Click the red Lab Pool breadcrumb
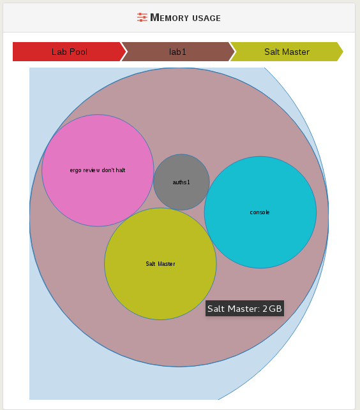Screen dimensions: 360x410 pos(70,52)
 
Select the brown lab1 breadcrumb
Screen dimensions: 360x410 pos(178,52)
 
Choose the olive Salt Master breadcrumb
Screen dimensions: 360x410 pos(287,52)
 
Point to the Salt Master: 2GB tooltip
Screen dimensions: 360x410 pos(245,308)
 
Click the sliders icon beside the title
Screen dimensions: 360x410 pos(142,17)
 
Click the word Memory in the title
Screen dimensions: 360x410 pos(169,17)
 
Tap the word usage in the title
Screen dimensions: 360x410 pos(206,18)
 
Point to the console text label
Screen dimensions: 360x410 pos(260,212)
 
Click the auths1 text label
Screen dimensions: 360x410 pos(181,182)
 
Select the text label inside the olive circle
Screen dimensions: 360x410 pos(160,264)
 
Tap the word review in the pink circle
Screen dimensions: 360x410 pos(92,170)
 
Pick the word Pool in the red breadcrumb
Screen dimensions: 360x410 pos(78,52)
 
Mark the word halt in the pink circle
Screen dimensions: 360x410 pos(121,170)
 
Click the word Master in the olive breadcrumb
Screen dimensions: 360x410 pos(296,52)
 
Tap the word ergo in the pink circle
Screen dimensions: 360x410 pos(75,171)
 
